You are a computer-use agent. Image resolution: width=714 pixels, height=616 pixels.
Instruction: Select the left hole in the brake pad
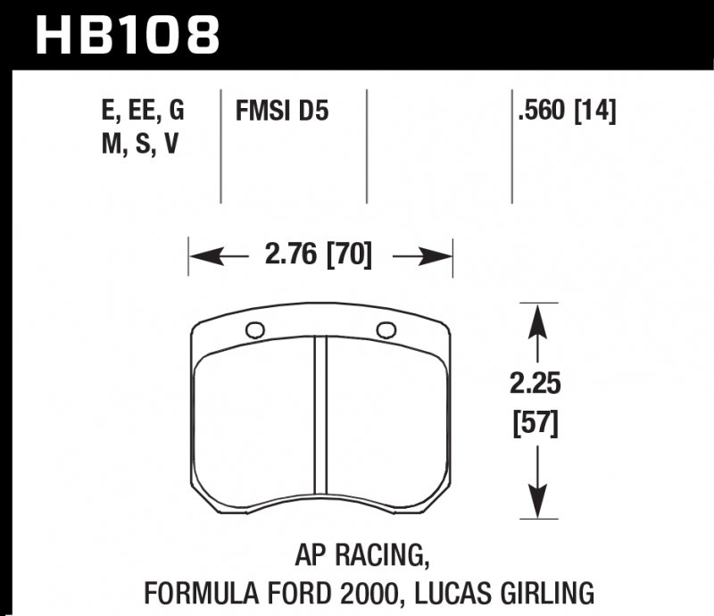click(x=254, y=330)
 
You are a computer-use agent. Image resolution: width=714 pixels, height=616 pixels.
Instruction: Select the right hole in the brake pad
click(x=386, y=329)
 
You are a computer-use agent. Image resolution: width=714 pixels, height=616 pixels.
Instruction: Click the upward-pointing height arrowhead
click(x=535, y=318)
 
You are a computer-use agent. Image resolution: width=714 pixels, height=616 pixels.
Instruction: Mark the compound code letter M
click(x=111, y=144)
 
